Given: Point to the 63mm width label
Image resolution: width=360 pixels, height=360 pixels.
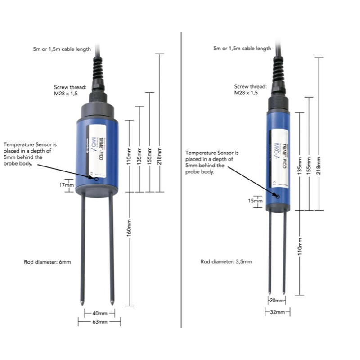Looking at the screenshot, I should pos(99,322).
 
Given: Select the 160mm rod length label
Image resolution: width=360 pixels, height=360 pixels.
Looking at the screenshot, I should pos(130,233).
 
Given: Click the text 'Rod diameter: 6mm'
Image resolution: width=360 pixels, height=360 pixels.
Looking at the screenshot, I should pos(48,261).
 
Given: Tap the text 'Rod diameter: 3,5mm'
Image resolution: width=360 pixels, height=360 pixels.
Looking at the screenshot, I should pos(226,261).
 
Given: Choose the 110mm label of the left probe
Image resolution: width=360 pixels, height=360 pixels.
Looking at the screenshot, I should pos(130,156).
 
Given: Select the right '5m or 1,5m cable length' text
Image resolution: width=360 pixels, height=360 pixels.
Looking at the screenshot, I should pos(242,49).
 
